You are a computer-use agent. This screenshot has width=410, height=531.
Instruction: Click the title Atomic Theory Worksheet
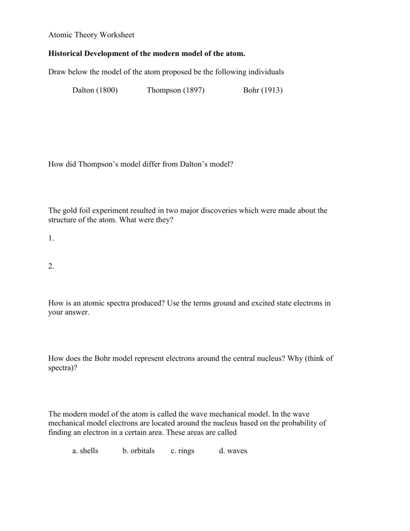click(91, 35)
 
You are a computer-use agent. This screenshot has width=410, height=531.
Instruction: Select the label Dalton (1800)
click(95, 90)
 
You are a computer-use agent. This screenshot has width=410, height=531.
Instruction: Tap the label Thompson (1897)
click(176, 90)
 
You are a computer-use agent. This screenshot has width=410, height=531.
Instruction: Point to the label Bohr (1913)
click(263, 90)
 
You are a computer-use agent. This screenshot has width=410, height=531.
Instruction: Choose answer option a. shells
click(85, 451)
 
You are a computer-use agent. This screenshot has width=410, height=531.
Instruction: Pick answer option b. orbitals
click(138, 451)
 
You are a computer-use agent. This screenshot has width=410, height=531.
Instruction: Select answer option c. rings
click(182, 451)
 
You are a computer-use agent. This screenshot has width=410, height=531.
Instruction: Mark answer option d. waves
click(233, 451)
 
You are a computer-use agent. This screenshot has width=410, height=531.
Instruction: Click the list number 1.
click(51, 239)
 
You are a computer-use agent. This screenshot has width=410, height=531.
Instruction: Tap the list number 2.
click(51, 266)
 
